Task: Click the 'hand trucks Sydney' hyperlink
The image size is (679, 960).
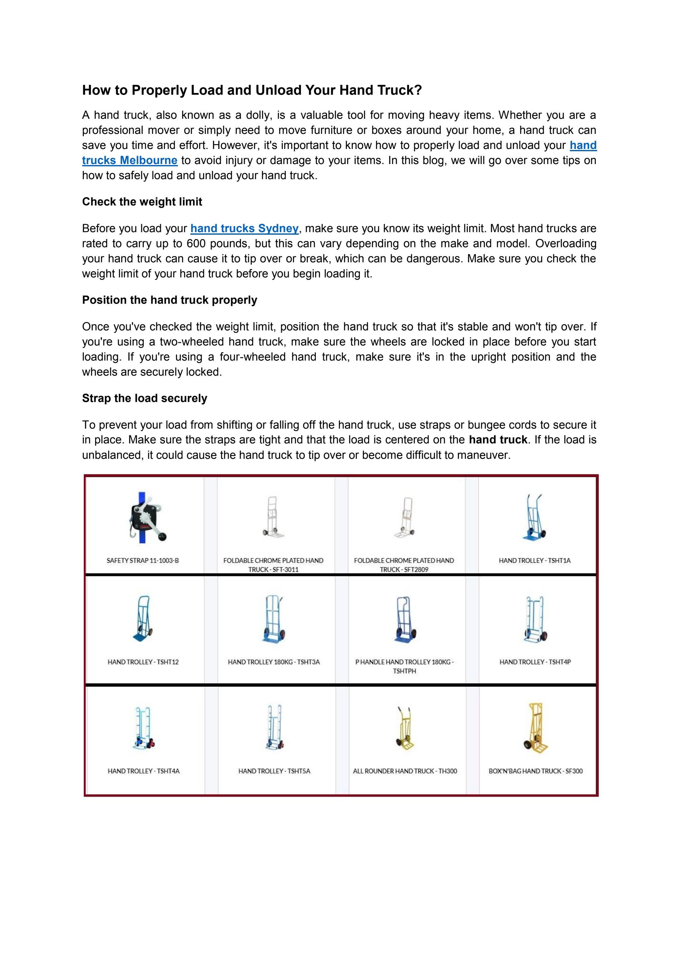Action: tap(244, 228)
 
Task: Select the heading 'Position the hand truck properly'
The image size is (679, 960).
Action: tap(169, 300)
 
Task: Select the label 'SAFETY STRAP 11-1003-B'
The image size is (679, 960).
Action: tap(143, 560)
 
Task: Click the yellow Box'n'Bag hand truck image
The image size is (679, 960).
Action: tap(535, 729)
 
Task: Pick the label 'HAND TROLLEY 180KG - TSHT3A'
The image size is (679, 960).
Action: tap(274, 662)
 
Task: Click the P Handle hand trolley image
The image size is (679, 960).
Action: tap(404, 620)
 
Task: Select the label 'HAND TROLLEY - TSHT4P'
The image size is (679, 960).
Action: tap(535, 662)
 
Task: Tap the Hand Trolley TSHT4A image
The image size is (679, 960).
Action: tap(143, 729)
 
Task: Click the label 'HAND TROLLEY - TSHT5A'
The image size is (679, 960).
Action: tap(274, 771)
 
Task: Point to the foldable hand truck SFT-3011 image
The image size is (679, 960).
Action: tap(273, 517)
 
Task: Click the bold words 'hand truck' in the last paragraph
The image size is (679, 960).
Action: tap(498, 440)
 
